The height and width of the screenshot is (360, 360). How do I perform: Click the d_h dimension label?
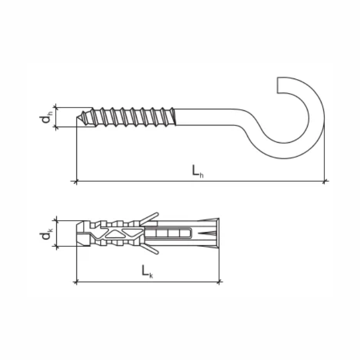click(x=46, y=117)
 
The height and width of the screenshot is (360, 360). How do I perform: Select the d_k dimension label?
click(x=46, y=233)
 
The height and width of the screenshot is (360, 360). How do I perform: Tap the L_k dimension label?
click(x=147, y=271)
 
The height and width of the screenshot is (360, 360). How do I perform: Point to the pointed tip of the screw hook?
click(x=77, y=117)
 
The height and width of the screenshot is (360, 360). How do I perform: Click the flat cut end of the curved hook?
click(x=278, y=85)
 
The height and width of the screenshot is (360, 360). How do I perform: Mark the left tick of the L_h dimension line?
click(x=76, y=182)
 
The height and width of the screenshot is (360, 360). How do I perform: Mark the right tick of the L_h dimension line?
click(x=324, y=182)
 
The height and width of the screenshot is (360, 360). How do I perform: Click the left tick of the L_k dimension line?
click(x=76, y=282)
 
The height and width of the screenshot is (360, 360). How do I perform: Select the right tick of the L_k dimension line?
click(x=219, y=281)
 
